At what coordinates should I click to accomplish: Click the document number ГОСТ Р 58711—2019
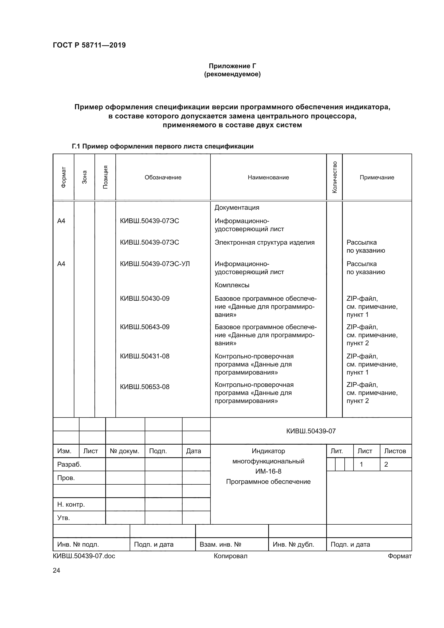coord(89,45)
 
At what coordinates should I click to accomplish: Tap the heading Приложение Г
coord(232,66)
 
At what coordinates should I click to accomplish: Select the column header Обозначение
coord(163,177)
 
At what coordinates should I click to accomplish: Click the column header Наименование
coord(268,177)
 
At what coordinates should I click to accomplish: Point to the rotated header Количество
coord(334,177)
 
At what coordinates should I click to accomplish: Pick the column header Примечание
coord(377,177)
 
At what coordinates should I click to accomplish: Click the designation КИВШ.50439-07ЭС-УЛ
coord(155,264)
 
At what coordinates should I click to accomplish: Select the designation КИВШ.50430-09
coord(145,298)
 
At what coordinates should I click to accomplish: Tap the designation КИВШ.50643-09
coord(145,327)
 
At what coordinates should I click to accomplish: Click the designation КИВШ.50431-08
coord(145,356)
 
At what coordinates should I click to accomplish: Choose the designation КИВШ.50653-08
coord(145,387)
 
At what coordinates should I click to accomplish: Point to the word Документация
coord(237,208)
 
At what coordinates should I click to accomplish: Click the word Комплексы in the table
coord(232,285)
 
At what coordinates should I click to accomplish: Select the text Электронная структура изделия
coord(264,243)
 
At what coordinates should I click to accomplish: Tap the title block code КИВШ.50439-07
coord(311,431)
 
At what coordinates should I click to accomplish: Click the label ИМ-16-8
coord(268,471)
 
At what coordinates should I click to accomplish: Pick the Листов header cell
coord(395,451)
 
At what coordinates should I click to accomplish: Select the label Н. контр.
coord(71,505)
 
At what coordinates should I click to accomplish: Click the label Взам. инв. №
coord(220,544)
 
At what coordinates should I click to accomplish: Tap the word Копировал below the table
coord(231,556)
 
